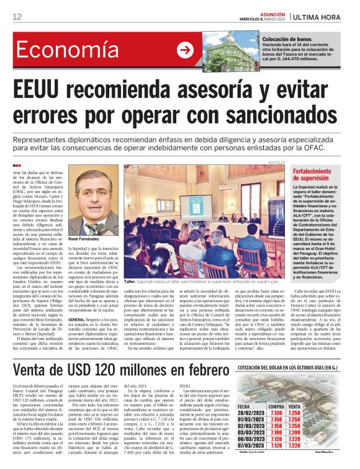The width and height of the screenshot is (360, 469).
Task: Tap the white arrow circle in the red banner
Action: pyautogui.click(x=185, y=50)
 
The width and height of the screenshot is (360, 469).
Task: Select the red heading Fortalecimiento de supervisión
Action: pyautogui.click(x=313, y=174)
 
